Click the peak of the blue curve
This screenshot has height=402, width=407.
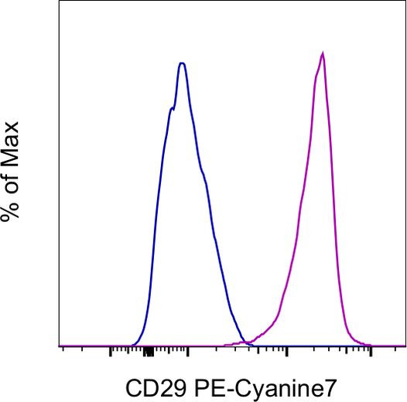coord(182,63)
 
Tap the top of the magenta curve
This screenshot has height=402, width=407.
coord(322,53)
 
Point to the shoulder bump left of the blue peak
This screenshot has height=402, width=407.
coord(171,109)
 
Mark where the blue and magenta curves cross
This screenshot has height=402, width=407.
coord(245,342)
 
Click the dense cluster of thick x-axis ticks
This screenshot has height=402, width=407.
coord(148,353)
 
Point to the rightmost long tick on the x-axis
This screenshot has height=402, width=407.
coord(371,352)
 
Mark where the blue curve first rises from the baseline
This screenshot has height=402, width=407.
coord(130,345)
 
